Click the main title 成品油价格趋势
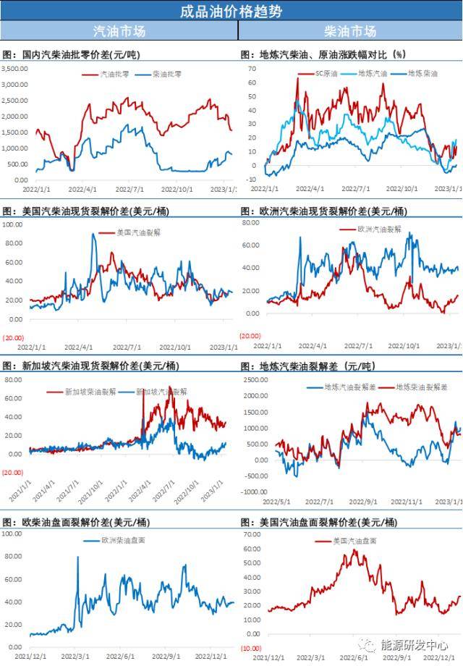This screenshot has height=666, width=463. (x=231, y=12)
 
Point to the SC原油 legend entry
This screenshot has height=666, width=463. (x=326, y=73)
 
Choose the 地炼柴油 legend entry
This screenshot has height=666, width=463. (x=422, y=73)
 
